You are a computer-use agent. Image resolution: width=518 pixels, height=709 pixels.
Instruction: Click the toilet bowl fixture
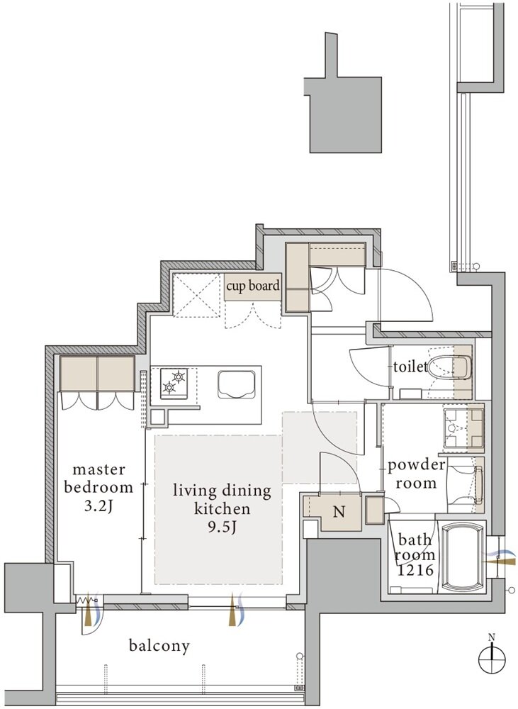coord(449,367)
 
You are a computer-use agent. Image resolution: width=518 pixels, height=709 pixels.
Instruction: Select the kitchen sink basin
coord(237,384)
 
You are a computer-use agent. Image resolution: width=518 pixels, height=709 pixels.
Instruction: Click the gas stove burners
coord(174,383)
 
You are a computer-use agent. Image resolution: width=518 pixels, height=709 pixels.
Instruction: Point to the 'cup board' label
coord(253,286)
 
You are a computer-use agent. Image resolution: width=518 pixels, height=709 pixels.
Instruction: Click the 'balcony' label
coord(159,646)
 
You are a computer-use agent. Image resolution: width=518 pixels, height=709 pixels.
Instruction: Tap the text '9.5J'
coord(222,527)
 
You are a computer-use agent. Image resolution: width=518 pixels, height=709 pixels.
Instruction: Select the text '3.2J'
coord(98,506)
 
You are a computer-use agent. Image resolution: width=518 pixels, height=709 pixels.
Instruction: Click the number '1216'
coord(415,570)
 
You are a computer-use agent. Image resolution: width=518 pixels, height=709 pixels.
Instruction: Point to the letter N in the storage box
coord(339,512)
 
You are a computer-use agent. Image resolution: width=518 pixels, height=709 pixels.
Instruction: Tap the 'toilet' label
coord(410,367)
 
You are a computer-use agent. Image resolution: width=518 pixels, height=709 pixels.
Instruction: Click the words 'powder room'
coord(416,474)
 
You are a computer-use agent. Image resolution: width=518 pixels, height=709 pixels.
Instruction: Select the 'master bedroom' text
coord(98,479)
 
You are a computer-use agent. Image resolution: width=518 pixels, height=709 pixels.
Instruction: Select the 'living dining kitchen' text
coord(222,499)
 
